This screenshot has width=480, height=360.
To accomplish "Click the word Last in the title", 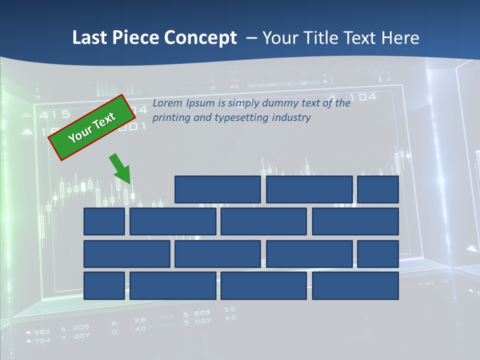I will tap(88, 38).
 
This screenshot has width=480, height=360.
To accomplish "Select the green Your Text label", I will tap(92, 127).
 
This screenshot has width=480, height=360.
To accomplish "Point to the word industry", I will tap(291, 118).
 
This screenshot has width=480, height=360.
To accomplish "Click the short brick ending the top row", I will tap(378, 189).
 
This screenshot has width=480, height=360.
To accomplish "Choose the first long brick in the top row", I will tap(217, 189).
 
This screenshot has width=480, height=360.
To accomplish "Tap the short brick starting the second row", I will tap(104, 221).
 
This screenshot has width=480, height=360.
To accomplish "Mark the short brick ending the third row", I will tap(378, 254).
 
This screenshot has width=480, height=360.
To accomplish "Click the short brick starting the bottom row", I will tap(104, 286).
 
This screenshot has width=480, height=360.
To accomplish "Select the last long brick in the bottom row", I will tap(355, 286).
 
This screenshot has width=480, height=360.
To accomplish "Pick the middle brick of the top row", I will tap(309, 189).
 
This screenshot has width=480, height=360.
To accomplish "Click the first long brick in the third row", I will tap(127, 254).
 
